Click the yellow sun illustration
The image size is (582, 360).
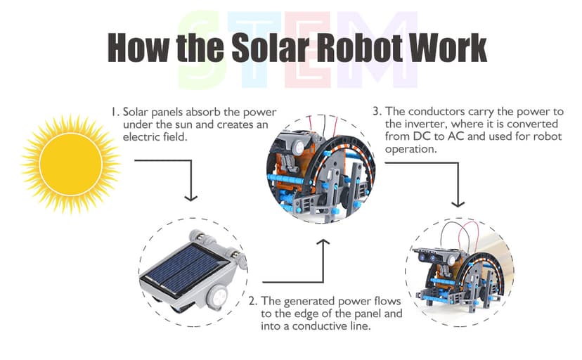(71, 163)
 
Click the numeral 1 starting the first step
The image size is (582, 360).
(112, 112)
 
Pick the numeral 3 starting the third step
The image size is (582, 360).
(376, 112)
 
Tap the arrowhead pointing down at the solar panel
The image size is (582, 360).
(189, 198)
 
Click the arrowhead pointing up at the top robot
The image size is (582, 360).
(323, 242)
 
